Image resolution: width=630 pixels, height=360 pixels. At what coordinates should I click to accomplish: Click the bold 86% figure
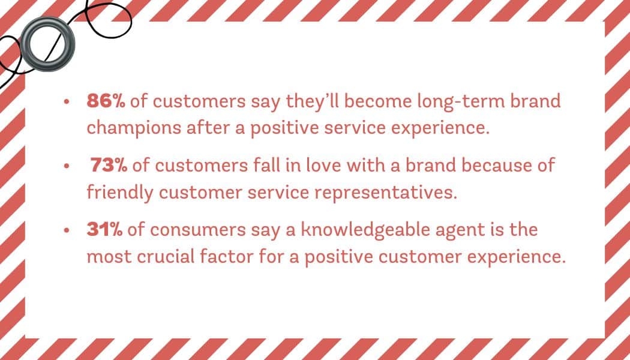point(106,101)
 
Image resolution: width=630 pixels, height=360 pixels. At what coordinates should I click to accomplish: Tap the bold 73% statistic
point(109,166)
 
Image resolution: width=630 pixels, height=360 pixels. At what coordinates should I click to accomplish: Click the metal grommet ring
point(47,44)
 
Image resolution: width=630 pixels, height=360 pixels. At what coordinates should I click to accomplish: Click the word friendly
point(120,193)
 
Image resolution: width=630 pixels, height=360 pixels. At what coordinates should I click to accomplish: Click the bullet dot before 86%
point(67,102)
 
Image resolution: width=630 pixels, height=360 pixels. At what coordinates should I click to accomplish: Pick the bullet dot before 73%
point(67,166)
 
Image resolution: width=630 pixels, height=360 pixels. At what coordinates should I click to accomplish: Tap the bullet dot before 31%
point(67,230)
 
